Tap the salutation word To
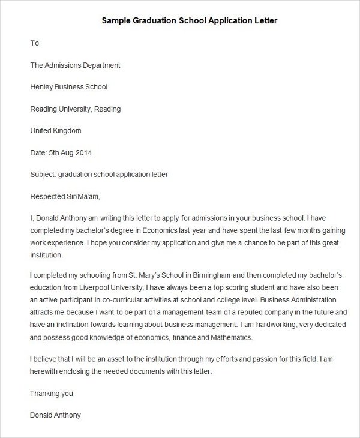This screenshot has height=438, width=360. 34,43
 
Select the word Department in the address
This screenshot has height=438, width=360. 100,65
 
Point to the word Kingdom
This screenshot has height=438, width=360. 67,130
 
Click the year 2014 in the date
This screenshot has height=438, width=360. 83,152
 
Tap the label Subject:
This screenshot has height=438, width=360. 43,175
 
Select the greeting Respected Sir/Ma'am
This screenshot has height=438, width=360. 65,196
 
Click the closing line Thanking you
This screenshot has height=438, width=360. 51,393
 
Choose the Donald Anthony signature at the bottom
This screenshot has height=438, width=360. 55,415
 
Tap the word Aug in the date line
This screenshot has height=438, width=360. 65,152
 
